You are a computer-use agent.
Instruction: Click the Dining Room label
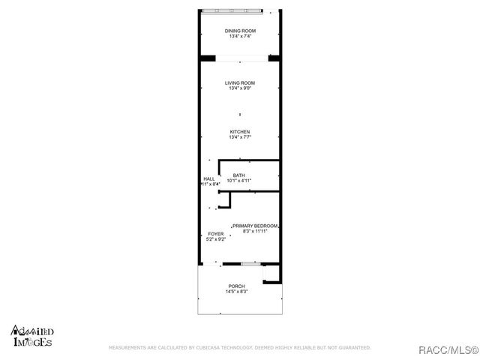(x=240, y=31)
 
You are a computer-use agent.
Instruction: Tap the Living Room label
(x=240, y=82)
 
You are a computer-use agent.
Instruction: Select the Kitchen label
(x=240, y=132)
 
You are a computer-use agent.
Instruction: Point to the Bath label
(x=238, y=175)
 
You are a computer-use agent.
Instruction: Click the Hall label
(x=208, y=178)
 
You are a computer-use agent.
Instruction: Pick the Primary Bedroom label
(x=256, y=226)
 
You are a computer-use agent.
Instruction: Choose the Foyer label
(x=215, y=234)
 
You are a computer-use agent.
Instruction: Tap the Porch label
(x=236, y=286)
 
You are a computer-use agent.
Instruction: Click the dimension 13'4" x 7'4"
(x=240, y=36)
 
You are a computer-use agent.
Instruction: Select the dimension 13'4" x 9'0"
(x=240, y=88)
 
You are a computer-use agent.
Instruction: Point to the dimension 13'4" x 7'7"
(x=240, y=137)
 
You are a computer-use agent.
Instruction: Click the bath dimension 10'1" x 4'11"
(x=238, y=181)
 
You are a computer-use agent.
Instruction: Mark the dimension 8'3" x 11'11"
(x=256, y=231)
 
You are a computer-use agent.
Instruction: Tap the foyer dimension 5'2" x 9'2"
(x=216, y=239)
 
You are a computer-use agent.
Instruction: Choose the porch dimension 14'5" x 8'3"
(x=236, y=292)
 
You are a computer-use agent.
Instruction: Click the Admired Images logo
(x=31, y=336)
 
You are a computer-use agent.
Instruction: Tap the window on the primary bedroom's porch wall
(x=251, y=263)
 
